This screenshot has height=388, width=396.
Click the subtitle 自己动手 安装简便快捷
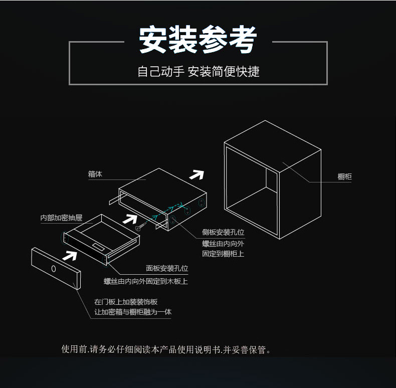pyautogui.click(x=199, y=72)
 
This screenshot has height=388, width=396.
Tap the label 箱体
pyautogui.click(x=95, y=174)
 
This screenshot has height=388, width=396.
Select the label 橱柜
pyautogui.click(x=345, y=176)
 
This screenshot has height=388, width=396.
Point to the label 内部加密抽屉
pyautogui.click(x=61, y=218)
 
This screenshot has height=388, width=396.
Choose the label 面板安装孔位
pyautogui.click(x=167, y=269)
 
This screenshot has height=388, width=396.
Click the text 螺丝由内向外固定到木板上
pyautogui.click(x=146, y=281)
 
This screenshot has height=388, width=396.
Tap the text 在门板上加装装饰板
pyautogui.click(x=126, y=301)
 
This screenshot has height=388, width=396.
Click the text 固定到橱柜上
pyautogui.click(x=223, y=254)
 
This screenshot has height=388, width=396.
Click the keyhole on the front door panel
pyautogui.click(x=54, y=268)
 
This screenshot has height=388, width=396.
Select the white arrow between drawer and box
pyautogui.click(x=130, y=218)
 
